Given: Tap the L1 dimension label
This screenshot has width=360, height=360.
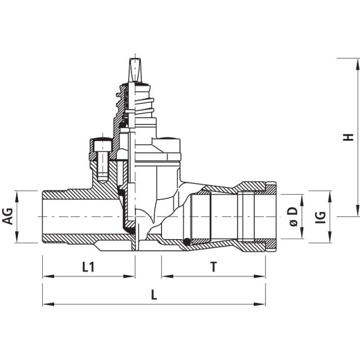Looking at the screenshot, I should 88,267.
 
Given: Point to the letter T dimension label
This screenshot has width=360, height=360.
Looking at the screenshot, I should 213,267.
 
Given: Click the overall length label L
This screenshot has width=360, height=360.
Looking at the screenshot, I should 154,295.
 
